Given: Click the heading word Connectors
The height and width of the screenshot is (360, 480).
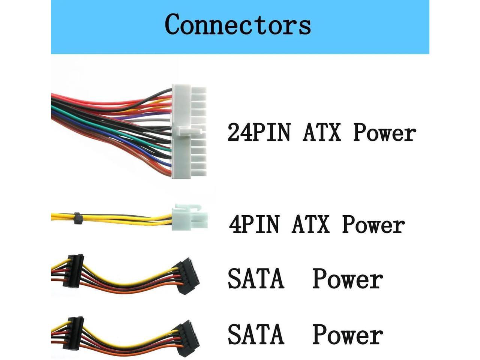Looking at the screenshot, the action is coord(238,25).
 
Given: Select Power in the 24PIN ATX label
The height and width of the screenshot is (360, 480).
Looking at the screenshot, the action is coord(384,133).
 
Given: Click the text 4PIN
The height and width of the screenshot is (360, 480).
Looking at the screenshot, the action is coord(255,225).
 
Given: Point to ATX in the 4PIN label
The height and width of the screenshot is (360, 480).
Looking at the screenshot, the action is coord(310,225).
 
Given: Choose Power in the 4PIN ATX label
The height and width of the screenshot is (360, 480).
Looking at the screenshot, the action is coord(373,225).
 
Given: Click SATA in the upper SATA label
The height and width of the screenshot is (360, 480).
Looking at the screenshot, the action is coord(256,279).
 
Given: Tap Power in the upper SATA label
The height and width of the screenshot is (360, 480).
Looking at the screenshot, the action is coord(348,280).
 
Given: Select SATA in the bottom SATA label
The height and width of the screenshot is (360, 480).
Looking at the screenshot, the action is coord(256,334).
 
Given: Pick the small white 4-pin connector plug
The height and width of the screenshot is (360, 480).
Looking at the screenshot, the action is coord(189,217).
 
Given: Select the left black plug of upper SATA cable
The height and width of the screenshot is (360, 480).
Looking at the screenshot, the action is coord(75,271).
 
